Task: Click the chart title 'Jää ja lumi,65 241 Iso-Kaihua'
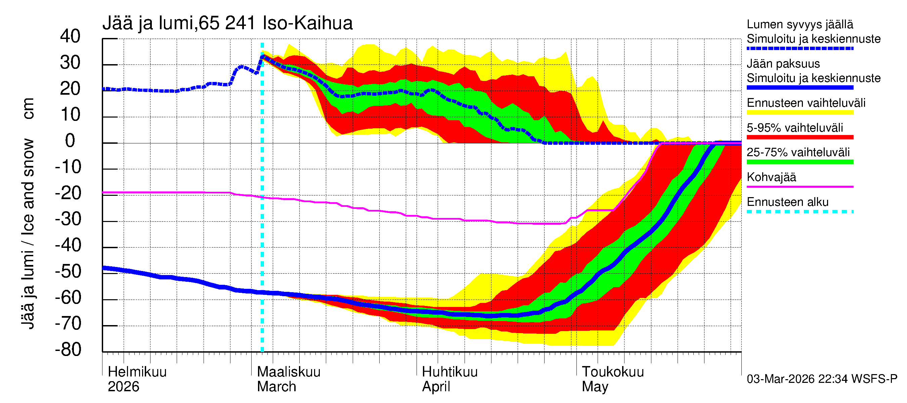pos(227,23)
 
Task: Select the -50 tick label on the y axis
pos(68,271)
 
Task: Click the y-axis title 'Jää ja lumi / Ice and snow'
pos(28,234)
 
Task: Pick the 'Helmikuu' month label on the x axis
pos(137,372)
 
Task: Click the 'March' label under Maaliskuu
pos(276,387)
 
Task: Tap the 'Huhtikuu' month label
pos(449,372)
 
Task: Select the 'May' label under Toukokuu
pos(595,387)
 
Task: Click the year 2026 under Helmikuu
pos(123,387)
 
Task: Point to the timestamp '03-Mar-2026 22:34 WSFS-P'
pos(822,379)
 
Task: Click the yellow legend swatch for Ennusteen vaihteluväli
pos(800,112)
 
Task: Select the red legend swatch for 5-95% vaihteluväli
pos(800,137)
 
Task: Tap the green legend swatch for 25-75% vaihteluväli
pos(800,162)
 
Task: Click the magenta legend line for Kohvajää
pos(800,186)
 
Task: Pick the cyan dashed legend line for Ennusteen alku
pos(800,212)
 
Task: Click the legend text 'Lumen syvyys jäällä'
pos(800,24)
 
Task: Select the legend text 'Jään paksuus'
pos(783,64)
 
